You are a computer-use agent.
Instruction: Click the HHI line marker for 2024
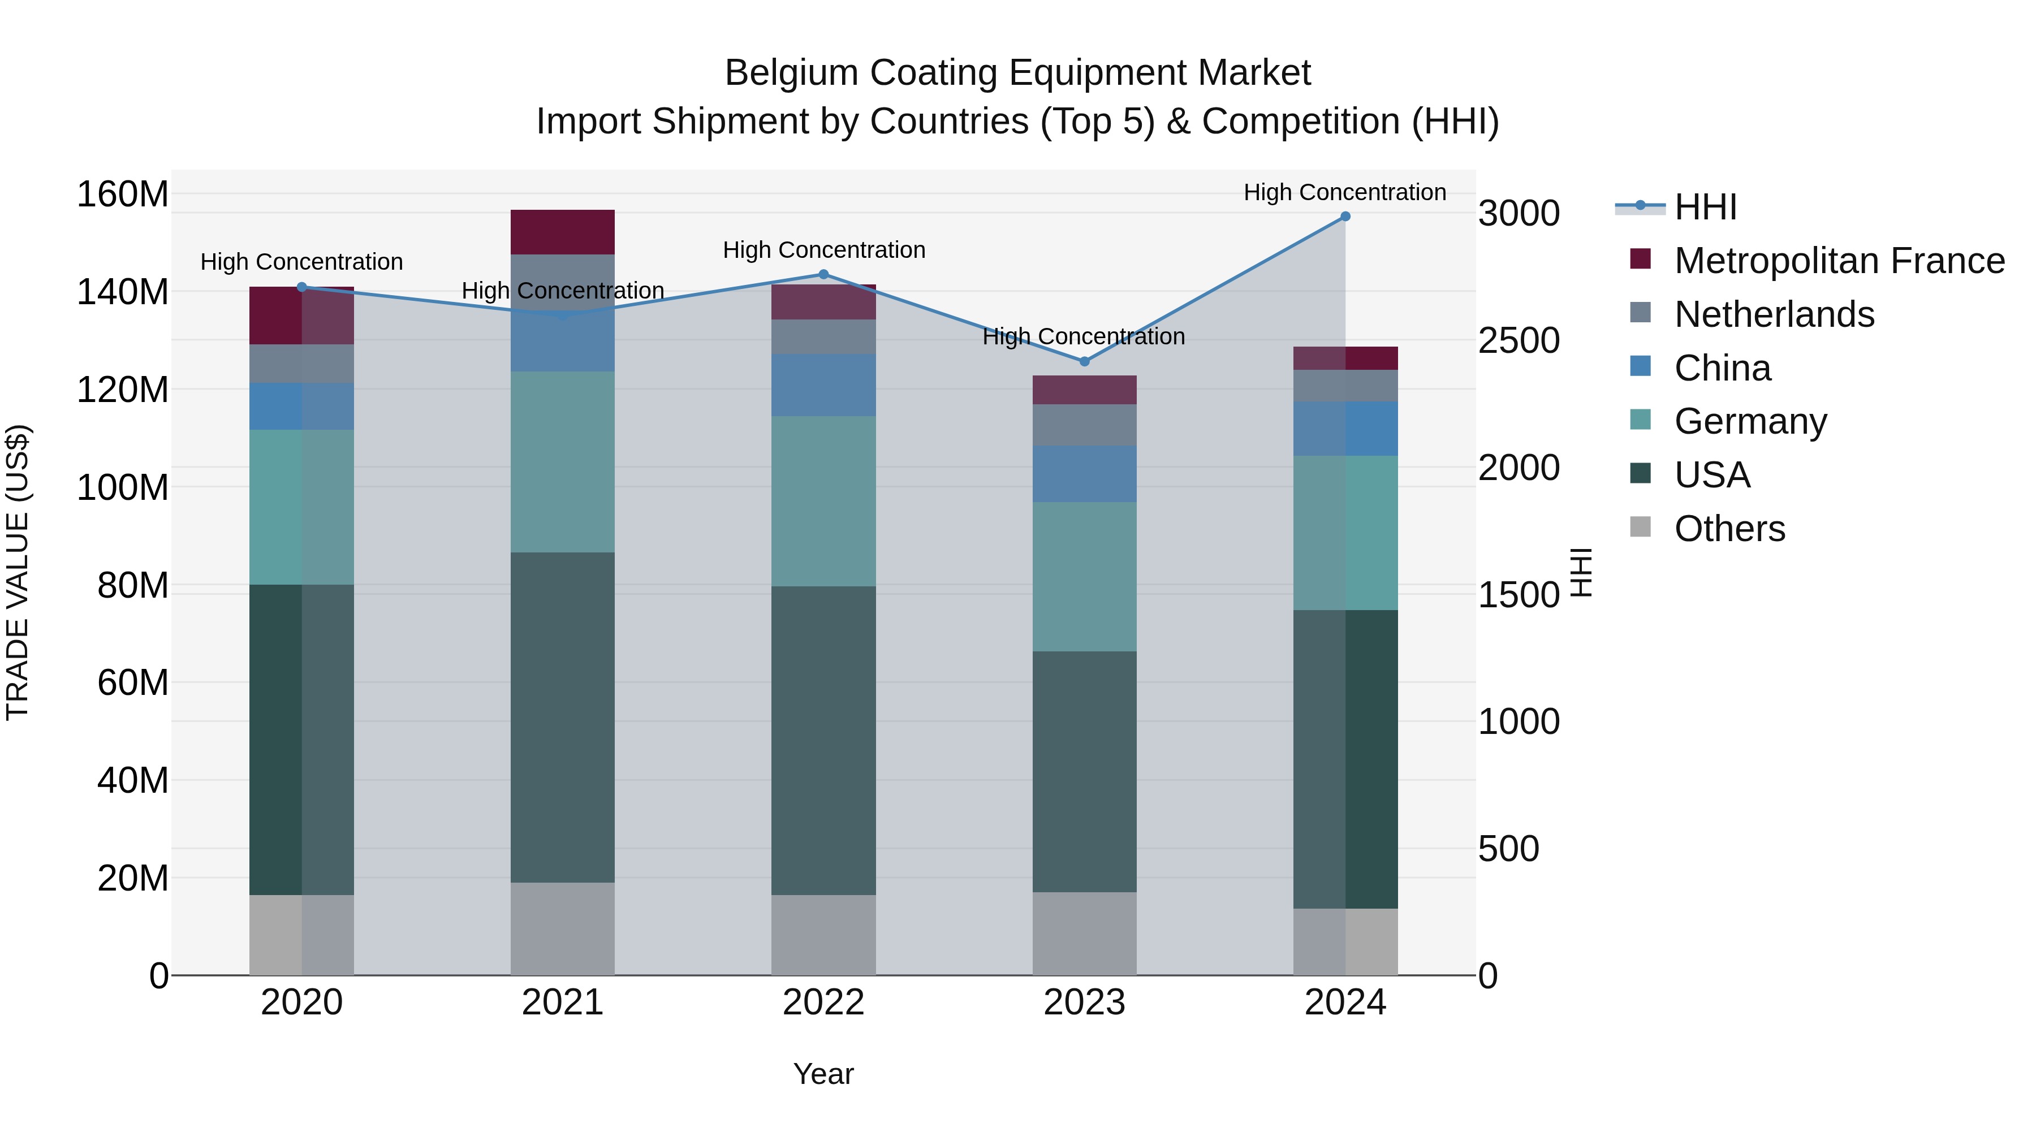point(1345,217)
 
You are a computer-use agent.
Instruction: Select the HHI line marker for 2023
point(1084,361)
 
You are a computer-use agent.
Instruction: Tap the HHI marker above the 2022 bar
point(823,274)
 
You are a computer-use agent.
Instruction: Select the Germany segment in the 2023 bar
point(1084,576)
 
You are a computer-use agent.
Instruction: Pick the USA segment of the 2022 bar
point(823,740)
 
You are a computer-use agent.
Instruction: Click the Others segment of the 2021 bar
point(562,928)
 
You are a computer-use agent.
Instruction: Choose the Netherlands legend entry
point(1774,314)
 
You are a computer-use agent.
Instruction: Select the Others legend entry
point(1729,529)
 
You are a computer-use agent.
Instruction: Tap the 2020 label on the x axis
point(302,1003)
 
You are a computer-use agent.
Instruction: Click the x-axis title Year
point(823,1074)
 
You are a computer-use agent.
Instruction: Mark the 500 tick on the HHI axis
point(1508,849)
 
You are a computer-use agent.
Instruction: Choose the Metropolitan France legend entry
point(1839,261)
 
